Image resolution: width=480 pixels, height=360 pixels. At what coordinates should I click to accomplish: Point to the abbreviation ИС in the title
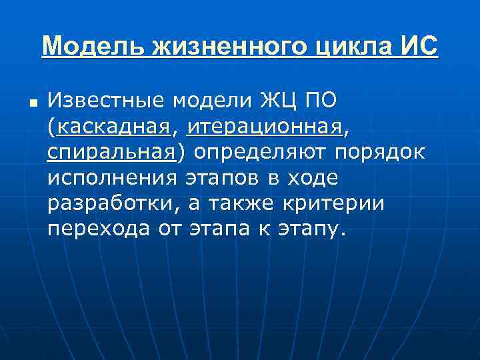click(x=419, y=47)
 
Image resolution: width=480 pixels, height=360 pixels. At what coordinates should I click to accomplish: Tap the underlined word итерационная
click(x=265, y=127)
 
